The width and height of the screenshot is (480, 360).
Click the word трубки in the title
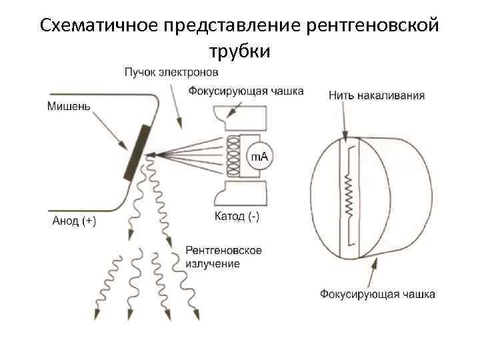pyautogui.click(x=239, y=51)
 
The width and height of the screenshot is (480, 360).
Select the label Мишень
pyautogui.click(x=70, y=105)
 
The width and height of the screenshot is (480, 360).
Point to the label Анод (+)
pyautogui.click(x=74, y=222)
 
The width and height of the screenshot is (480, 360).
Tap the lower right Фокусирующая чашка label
pyautogui.click(x=377, y=294)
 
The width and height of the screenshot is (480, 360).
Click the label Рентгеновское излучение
pyautogui.click(x=223, y=257)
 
